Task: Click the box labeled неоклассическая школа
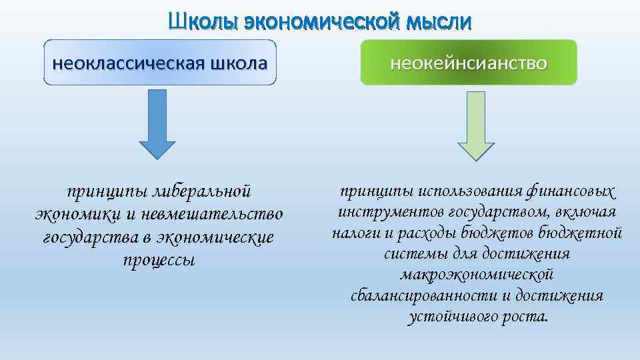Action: tap(160, 63)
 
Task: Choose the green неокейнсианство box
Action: tap(468, 63)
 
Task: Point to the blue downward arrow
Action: tap(157, 125)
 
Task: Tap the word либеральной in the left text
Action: tap(202, 191)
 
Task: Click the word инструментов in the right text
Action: tap(381, 213)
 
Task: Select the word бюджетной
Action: tap(588, 233)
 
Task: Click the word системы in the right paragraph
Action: tap(410, 254)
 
